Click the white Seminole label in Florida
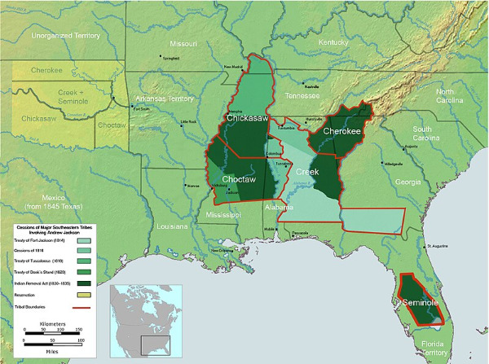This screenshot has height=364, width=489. point(421,304)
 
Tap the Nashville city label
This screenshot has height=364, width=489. point(311,86)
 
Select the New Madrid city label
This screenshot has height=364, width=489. point(234,68)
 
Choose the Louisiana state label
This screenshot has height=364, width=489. point(173,226)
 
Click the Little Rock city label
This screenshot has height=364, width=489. point(188,123)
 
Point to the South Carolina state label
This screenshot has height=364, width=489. point(432,134)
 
